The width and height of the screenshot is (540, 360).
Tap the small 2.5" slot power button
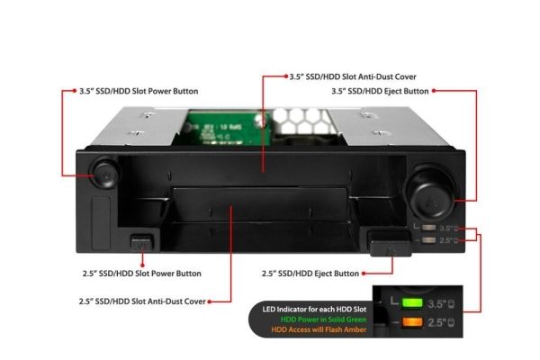tap(141, 243)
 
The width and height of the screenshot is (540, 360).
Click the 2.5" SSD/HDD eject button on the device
tap(391, 244)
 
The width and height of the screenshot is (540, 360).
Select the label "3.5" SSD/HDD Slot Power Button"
tap(139, 91)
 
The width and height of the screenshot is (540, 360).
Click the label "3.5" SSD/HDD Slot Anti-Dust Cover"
tap(353, 76)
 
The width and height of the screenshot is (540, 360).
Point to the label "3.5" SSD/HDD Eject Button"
tap(380, 91)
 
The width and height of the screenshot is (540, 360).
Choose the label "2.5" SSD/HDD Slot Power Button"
tap(142, 274)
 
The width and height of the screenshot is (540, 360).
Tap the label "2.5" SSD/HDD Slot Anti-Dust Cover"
tap(142, 301)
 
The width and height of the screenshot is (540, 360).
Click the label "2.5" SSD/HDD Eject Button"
tap(310, 274)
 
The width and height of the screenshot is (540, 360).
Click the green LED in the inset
tap(412, 303)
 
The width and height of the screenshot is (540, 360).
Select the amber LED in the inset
tap(412, 322)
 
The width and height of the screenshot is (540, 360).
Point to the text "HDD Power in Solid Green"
tap(323, 319)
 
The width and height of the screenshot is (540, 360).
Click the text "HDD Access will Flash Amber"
tap(319, 329)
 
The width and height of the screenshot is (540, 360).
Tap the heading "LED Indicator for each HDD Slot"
tap(314, 310)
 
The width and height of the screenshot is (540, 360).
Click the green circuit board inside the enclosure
tap(224, 128)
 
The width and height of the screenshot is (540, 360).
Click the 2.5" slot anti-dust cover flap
tap(260, 204)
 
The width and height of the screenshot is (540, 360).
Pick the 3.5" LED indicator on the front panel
tap(428, 228)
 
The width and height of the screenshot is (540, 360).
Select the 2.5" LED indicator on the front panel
tap(428, 240)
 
